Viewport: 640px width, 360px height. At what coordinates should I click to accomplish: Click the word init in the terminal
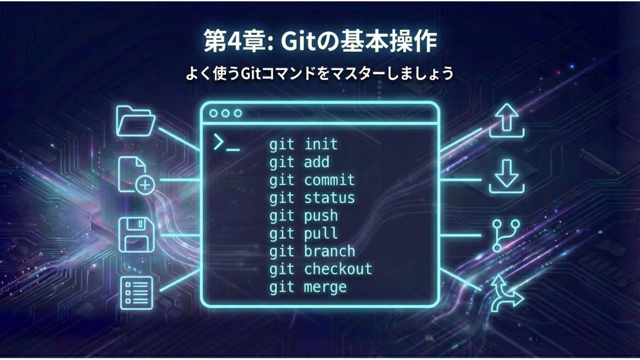tap(321, 144)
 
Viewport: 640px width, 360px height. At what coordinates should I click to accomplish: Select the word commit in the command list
tap(329, 180)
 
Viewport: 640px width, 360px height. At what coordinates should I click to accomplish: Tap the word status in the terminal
tap(329, 198)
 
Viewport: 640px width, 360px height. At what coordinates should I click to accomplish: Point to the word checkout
tap(338, 269)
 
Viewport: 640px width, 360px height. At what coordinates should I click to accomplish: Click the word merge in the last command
tap(325, 287)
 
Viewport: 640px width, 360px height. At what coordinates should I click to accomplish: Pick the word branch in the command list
tap(329, 251)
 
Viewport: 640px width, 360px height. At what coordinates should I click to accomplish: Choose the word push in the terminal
tap(321, 216)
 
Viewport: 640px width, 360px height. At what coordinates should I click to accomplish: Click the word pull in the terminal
tap(321, 234)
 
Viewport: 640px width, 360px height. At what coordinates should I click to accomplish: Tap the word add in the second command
tap(316, 162)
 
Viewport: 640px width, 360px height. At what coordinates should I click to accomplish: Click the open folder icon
tap(136, 120)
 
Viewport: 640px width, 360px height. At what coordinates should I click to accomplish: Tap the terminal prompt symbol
tap(226, 143)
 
